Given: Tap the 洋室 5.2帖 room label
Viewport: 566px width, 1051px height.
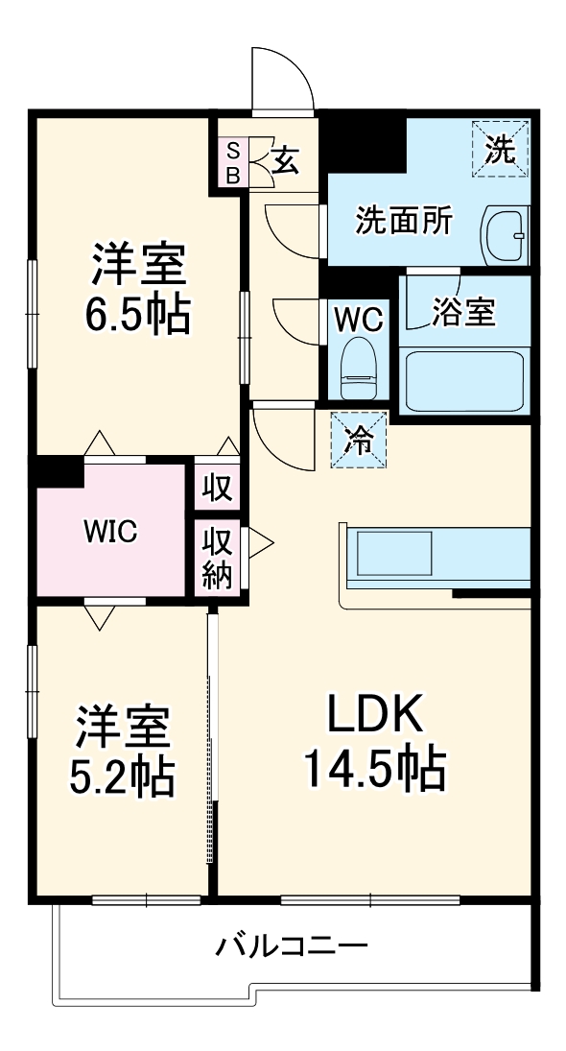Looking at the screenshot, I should (123, 752).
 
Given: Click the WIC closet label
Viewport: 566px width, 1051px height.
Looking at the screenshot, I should (109, 530).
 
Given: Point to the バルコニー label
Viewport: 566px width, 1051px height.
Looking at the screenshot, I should (291, 946).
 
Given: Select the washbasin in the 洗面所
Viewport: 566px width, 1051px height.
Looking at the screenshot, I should (504, 233).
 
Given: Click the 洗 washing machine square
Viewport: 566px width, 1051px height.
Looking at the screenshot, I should (500, 148).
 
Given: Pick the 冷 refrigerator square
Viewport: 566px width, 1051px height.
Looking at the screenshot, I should (360, 440).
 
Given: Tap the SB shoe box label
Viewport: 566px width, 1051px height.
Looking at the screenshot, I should (232, 161).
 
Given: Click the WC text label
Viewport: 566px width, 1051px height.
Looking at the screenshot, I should (359, 317).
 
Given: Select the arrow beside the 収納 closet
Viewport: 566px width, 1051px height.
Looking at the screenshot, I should (260, 545).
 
